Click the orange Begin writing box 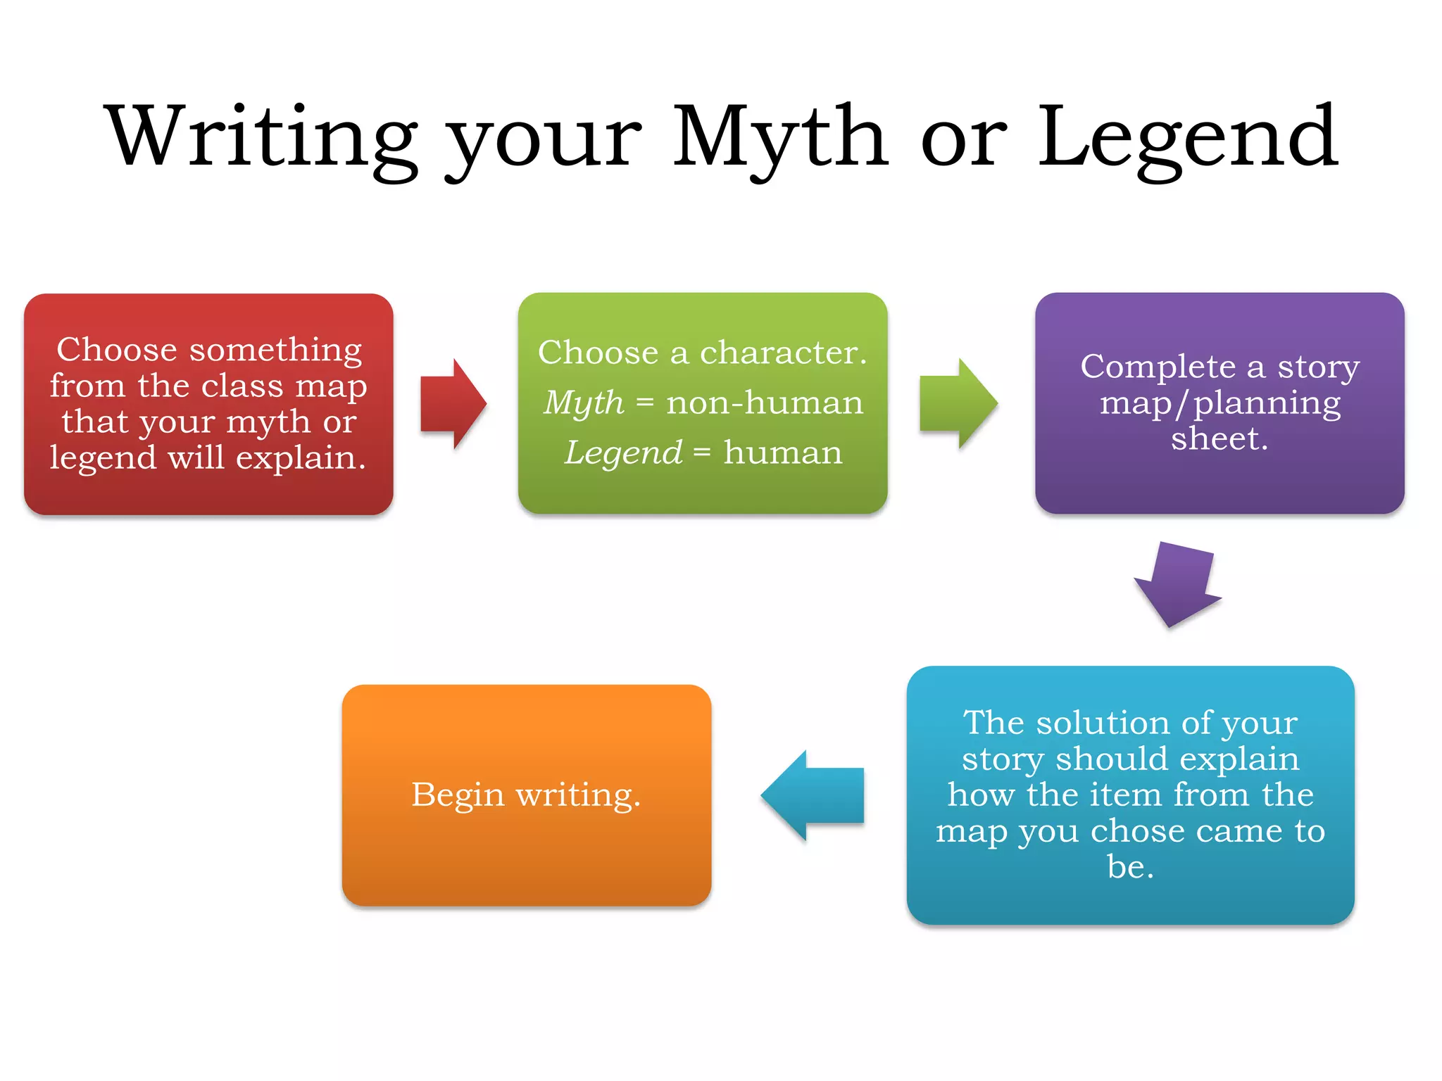point(527,795)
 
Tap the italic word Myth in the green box point(584,403)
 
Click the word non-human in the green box point(765,403)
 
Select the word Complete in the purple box point(1158,367)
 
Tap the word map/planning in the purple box point(1220,403)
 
